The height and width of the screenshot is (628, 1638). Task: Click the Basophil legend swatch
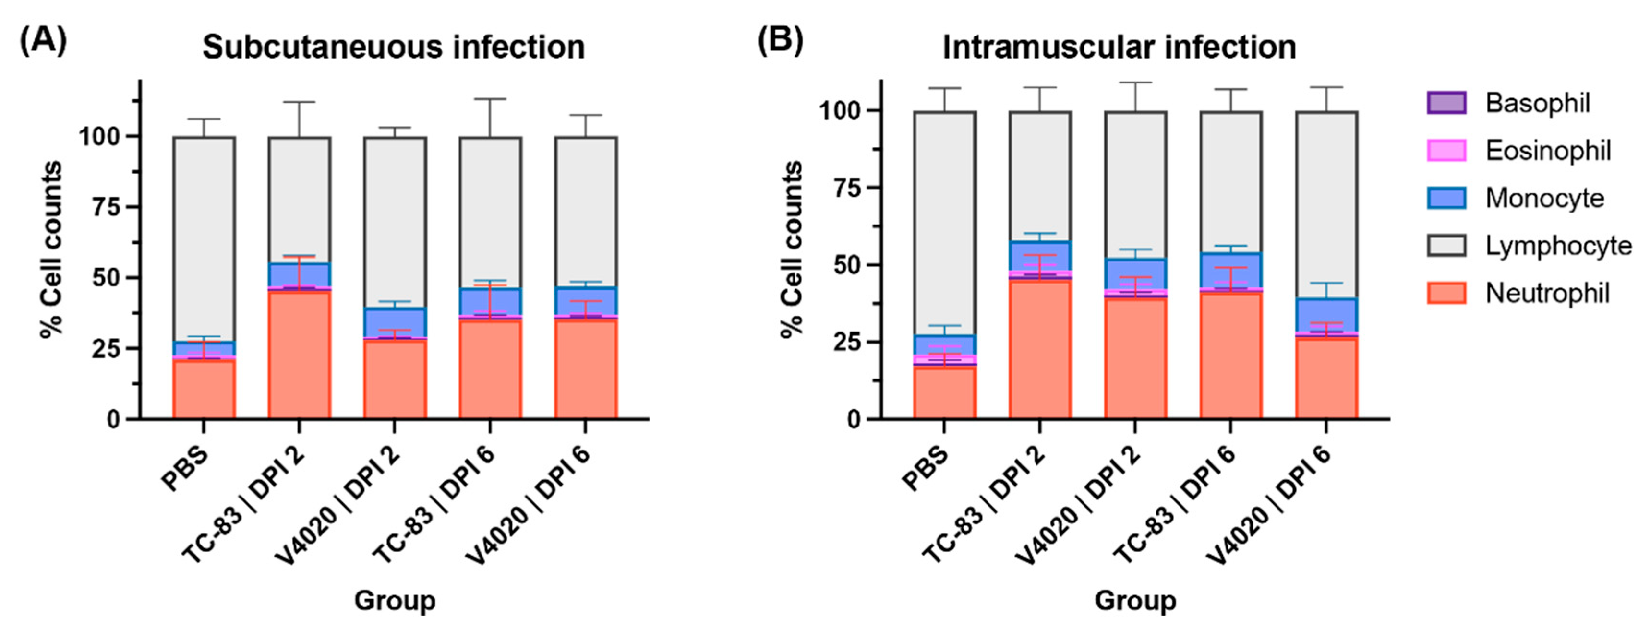1446,103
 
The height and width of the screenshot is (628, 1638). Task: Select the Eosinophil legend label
1547,151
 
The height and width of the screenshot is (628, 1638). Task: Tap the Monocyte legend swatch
1446,198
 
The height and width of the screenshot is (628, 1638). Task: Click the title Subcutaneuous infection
394,47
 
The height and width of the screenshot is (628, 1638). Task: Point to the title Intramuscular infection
1119,47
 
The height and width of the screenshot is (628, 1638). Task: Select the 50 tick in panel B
846,265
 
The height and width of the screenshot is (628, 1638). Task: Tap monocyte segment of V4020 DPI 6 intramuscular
1327,315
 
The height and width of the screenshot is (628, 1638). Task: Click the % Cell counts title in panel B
792,249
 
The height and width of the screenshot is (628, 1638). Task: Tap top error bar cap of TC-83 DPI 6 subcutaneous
490,98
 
